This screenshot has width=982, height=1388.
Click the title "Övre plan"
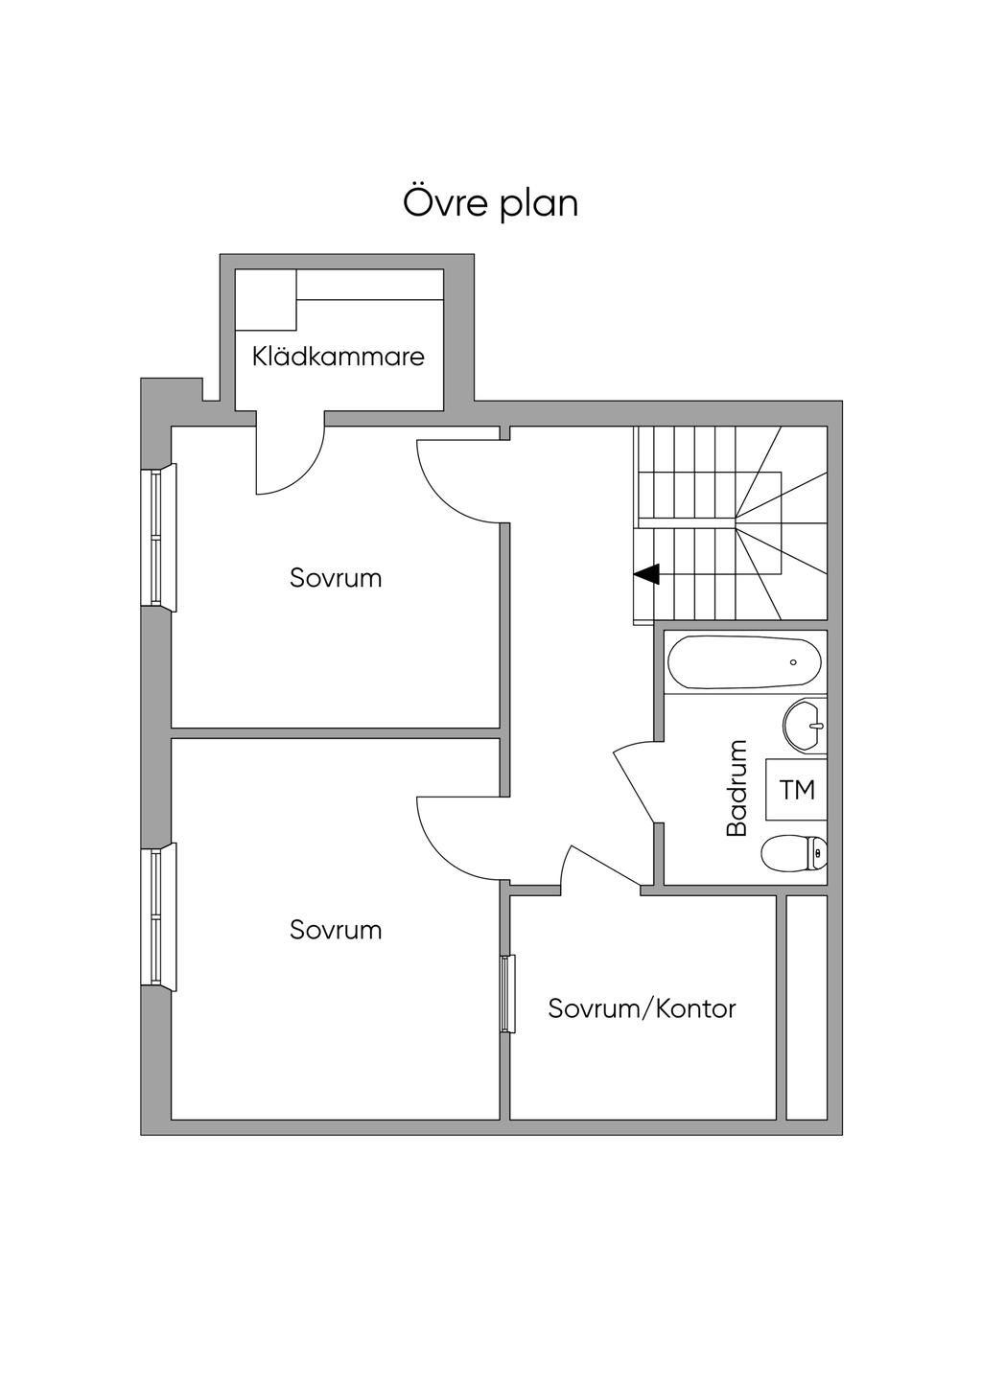[x=490, y=204]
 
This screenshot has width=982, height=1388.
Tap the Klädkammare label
[x=338, y=358]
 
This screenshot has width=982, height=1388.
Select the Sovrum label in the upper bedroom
[x=336, y=578]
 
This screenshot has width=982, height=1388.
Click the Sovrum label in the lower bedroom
[x=336, y=930]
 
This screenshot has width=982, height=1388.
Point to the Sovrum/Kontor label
[x=642, y=1008]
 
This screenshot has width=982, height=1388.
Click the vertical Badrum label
[x=736, y=788]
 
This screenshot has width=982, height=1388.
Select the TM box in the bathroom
[x=796, y=790]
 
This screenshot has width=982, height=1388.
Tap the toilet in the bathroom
[x=794, y=852]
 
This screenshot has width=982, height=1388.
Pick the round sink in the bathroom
[x=804, y=726]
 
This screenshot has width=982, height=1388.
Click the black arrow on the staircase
[x=647, y=574]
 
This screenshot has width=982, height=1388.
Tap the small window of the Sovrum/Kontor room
[x=507, y=993]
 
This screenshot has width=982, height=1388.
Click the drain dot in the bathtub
[x=793, y=662]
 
